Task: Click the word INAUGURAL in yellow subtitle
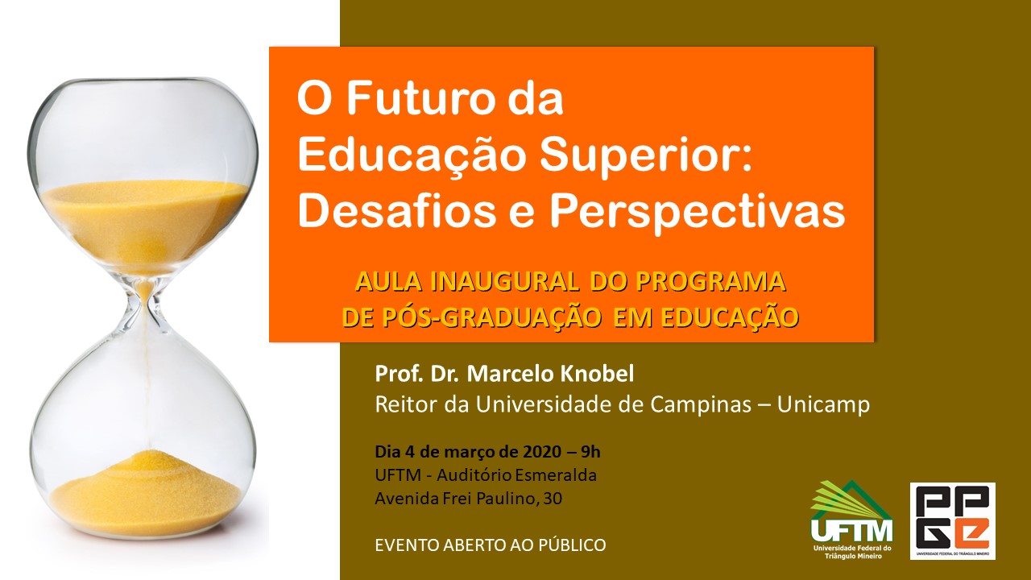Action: (x=504, y=281)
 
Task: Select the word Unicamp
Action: (x=823, y=404)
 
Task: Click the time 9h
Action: (x=590, y=452)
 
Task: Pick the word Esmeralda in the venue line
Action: (x=556, y=475)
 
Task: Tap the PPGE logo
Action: (x=953, y=521)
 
